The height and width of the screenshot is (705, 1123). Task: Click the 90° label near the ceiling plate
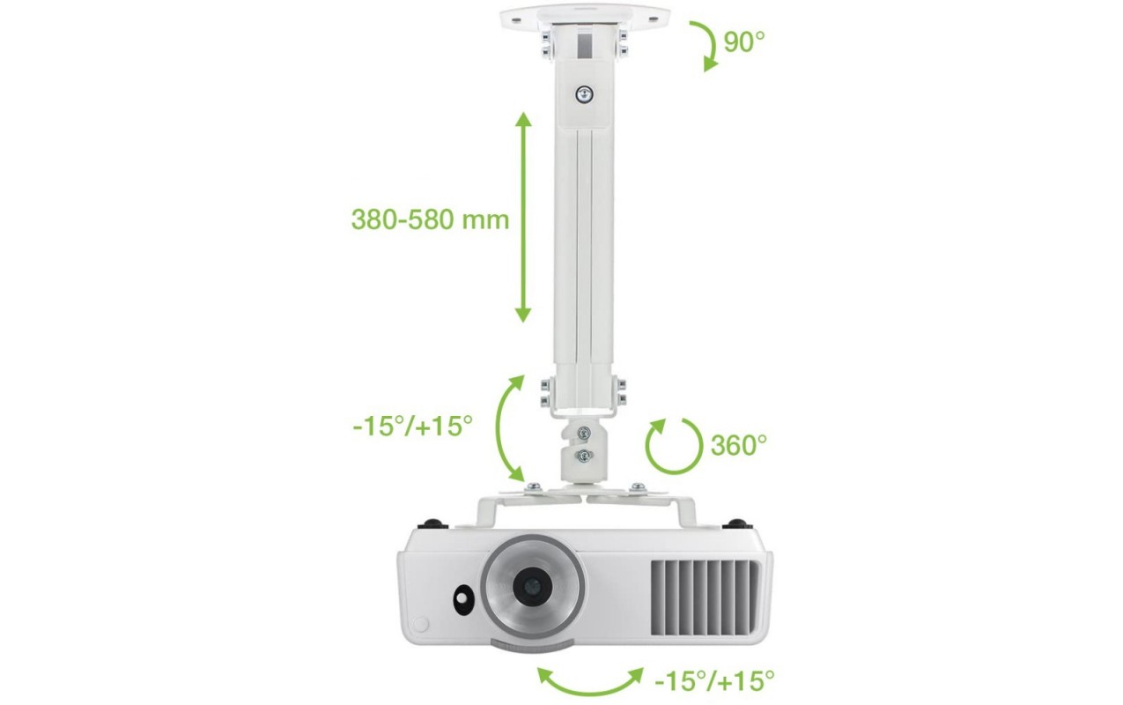744,42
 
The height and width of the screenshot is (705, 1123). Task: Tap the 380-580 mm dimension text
430,219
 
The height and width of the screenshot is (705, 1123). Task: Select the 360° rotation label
739,445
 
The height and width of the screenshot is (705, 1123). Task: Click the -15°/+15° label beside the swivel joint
412,427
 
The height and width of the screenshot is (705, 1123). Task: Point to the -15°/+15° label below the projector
714,681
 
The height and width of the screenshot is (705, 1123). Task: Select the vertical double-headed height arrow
523,218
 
